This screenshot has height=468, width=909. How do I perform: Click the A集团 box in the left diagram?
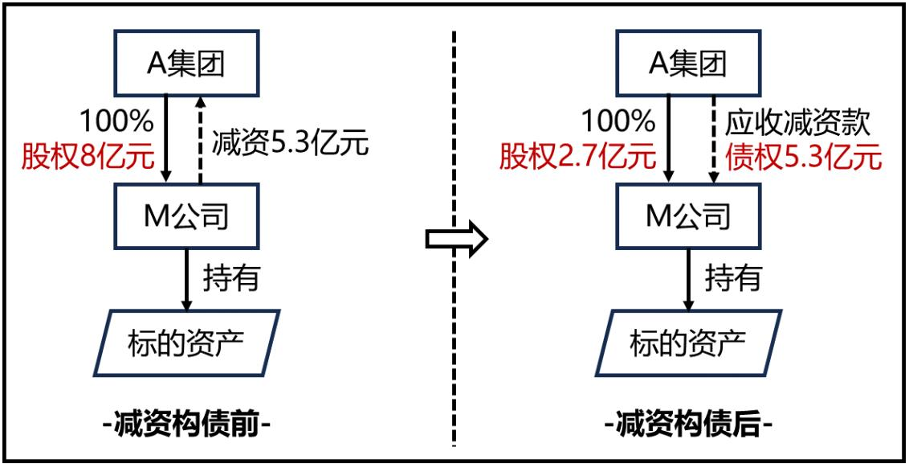point(185,63)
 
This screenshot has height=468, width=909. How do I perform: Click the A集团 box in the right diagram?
point(688,63)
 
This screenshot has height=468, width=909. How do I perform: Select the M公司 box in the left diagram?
point(185,217)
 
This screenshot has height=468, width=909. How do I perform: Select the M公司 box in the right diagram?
point(688,217)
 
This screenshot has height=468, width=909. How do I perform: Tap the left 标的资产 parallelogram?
point(186,343)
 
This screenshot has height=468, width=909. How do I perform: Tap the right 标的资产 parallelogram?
point(689,343)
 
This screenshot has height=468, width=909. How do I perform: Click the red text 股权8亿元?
point(88,158)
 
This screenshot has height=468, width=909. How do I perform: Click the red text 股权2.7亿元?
point(578,158)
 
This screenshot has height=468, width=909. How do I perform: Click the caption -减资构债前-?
point(186,425)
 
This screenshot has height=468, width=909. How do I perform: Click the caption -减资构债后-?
point(689,425)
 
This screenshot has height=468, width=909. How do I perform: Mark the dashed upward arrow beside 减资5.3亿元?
point(200,140)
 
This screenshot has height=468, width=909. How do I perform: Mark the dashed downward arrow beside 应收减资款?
point(712,140)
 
